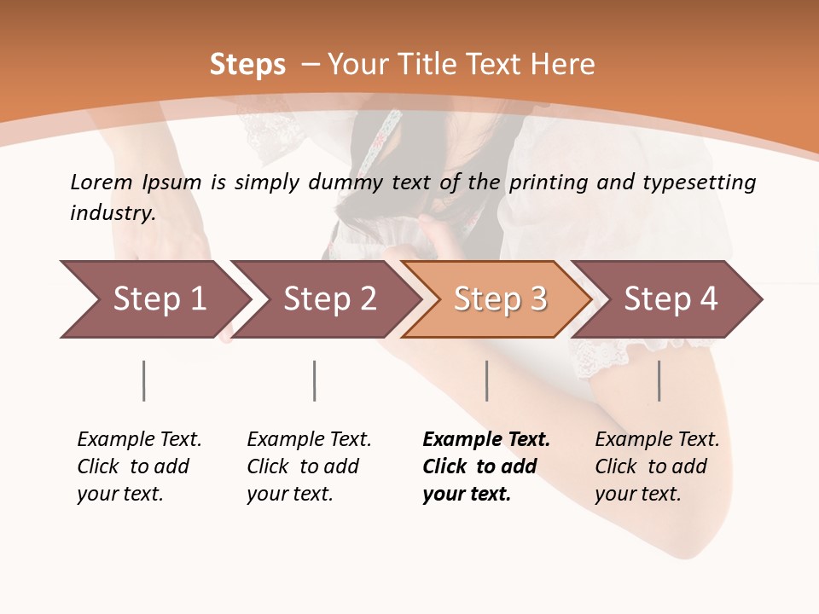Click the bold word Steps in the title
point(247,65)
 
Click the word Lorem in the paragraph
point(101,182)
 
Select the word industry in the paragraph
point(112,213)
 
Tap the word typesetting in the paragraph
point(705,182)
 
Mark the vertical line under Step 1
point(144,380)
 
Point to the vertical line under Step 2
point(315,380)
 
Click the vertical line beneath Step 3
point(487,380)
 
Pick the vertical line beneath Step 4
point(659,380)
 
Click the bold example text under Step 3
point(486,466)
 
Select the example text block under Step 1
point(139,466)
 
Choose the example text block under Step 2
point(309,466)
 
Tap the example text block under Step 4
point(657,466)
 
